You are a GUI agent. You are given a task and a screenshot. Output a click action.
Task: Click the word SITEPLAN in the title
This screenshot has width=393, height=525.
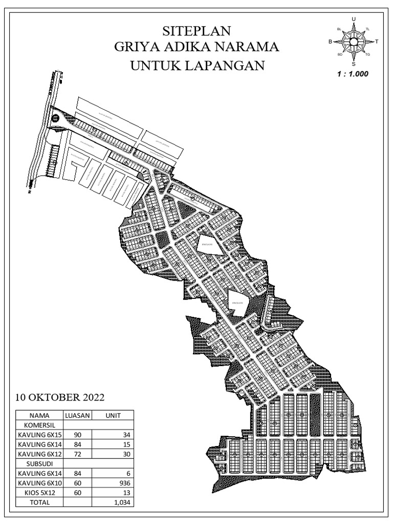click(197, 31)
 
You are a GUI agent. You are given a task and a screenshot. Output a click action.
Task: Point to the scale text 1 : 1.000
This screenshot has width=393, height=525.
click(353, 73)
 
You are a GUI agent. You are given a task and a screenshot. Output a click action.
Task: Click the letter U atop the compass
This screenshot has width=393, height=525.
click(354, 19)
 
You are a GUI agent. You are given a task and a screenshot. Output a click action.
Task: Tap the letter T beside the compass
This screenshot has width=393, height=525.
click(377, 42)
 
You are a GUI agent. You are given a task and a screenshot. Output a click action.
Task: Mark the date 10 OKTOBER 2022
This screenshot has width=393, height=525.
click(60, 397)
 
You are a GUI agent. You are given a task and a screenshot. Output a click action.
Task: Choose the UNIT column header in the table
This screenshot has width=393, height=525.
click(113, 416)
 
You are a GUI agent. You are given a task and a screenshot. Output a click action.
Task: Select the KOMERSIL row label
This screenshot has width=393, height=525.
click(39, 425)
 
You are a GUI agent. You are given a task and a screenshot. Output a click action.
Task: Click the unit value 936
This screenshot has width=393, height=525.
click(125, 483)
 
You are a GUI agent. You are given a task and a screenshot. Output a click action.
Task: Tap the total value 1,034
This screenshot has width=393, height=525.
click(122, 502)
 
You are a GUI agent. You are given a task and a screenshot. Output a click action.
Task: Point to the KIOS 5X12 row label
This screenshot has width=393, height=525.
click(39, 493)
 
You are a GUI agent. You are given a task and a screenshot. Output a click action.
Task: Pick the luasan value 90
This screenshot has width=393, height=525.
click(78, 435)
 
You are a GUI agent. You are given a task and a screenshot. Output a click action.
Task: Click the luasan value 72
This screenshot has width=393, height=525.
click(78, 454)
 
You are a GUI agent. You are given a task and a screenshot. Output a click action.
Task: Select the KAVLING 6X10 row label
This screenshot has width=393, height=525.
click(39, 483)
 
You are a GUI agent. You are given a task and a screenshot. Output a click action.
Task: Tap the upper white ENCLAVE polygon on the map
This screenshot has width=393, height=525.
click(209, 245)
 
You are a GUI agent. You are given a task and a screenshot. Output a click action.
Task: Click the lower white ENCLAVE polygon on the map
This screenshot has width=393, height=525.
click(238, 302)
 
